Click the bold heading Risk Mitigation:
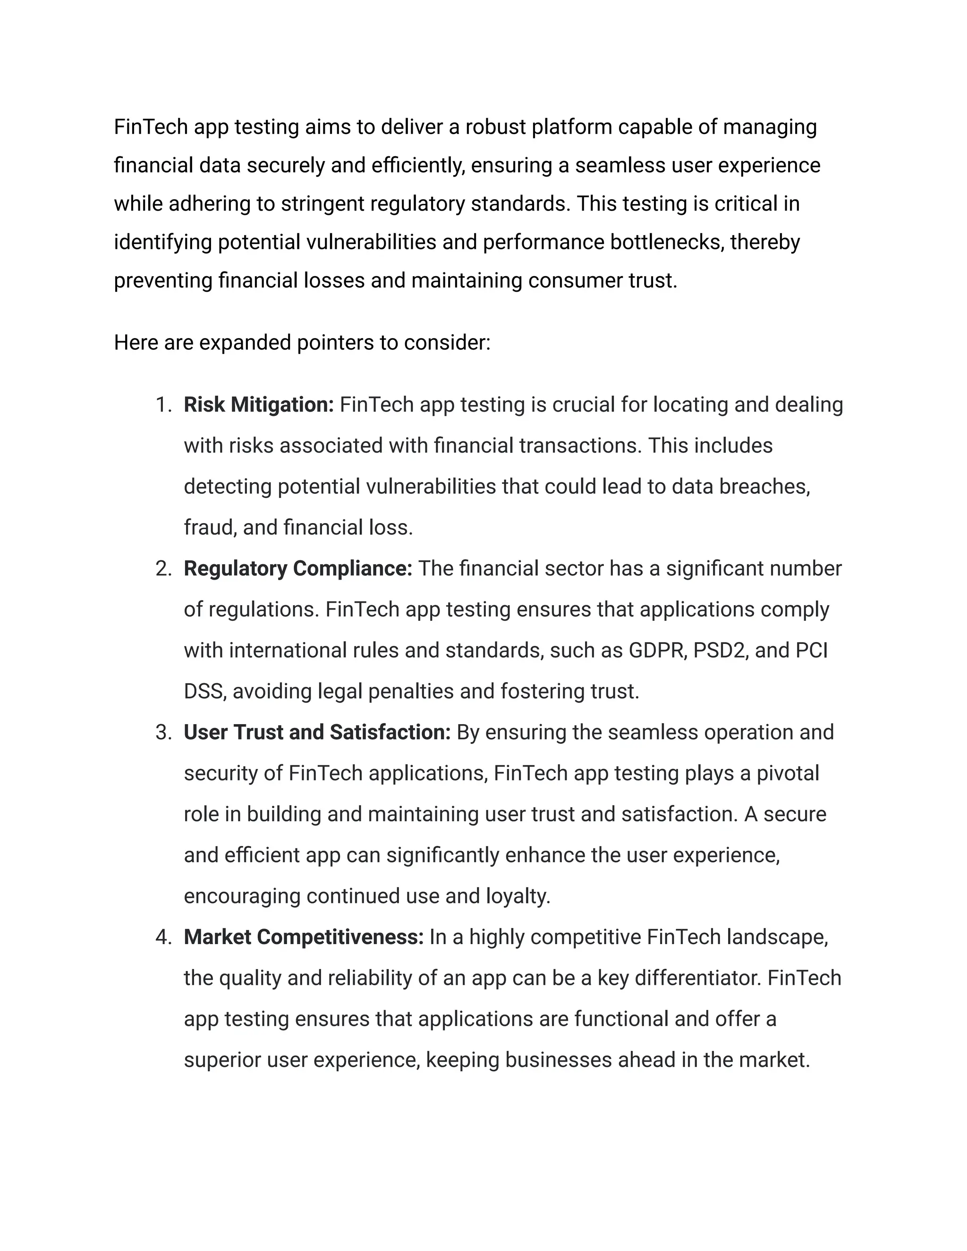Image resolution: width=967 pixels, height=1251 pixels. pos(258,405)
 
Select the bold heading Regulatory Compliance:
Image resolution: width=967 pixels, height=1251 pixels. pos(298,569)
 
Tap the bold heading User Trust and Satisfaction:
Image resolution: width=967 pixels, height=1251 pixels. pos(317,733)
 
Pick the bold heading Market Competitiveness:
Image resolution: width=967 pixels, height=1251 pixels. pos(304,937)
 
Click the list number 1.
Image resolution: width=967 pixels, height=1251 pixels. pos(163,405)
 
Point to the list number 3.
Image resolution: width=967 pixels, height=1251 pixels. pos(163,733)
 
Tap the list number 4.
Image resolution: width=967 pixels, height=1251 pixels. pos(163,937)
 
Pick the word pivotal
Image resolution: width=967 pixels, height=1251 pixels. pos(788,773)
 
